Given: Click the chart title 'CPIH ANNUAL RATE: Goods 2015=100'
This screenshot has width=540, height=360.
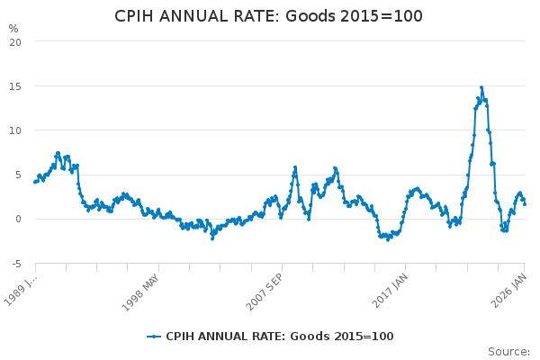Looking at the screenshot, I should (x=269, y=16).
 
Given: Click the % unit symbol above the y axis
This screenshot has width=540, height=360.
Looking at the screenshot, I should (x=13, y=28).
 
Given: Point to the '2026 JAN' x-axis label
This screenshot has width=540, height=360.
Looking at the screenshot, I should (x=508, y=287).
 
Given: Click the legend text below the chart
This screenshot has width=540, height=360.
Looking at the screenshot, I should (x=279, y=337).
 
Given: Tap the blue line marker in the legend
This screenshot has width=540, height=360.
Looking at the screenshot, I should (x=155, y=337).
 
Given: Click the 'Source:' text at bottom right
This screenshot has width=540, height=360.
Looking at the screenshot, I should (x=508, y=352).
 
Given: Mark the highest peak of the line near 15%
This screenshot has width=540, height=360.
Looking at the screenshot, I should (x=481, y=87).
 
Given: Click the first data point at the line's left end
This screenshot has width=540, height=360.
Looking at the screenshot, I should (x=35, y=182).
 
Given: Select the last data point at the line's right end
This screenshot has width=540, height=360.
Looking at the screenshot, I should (x=525, y=203).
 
